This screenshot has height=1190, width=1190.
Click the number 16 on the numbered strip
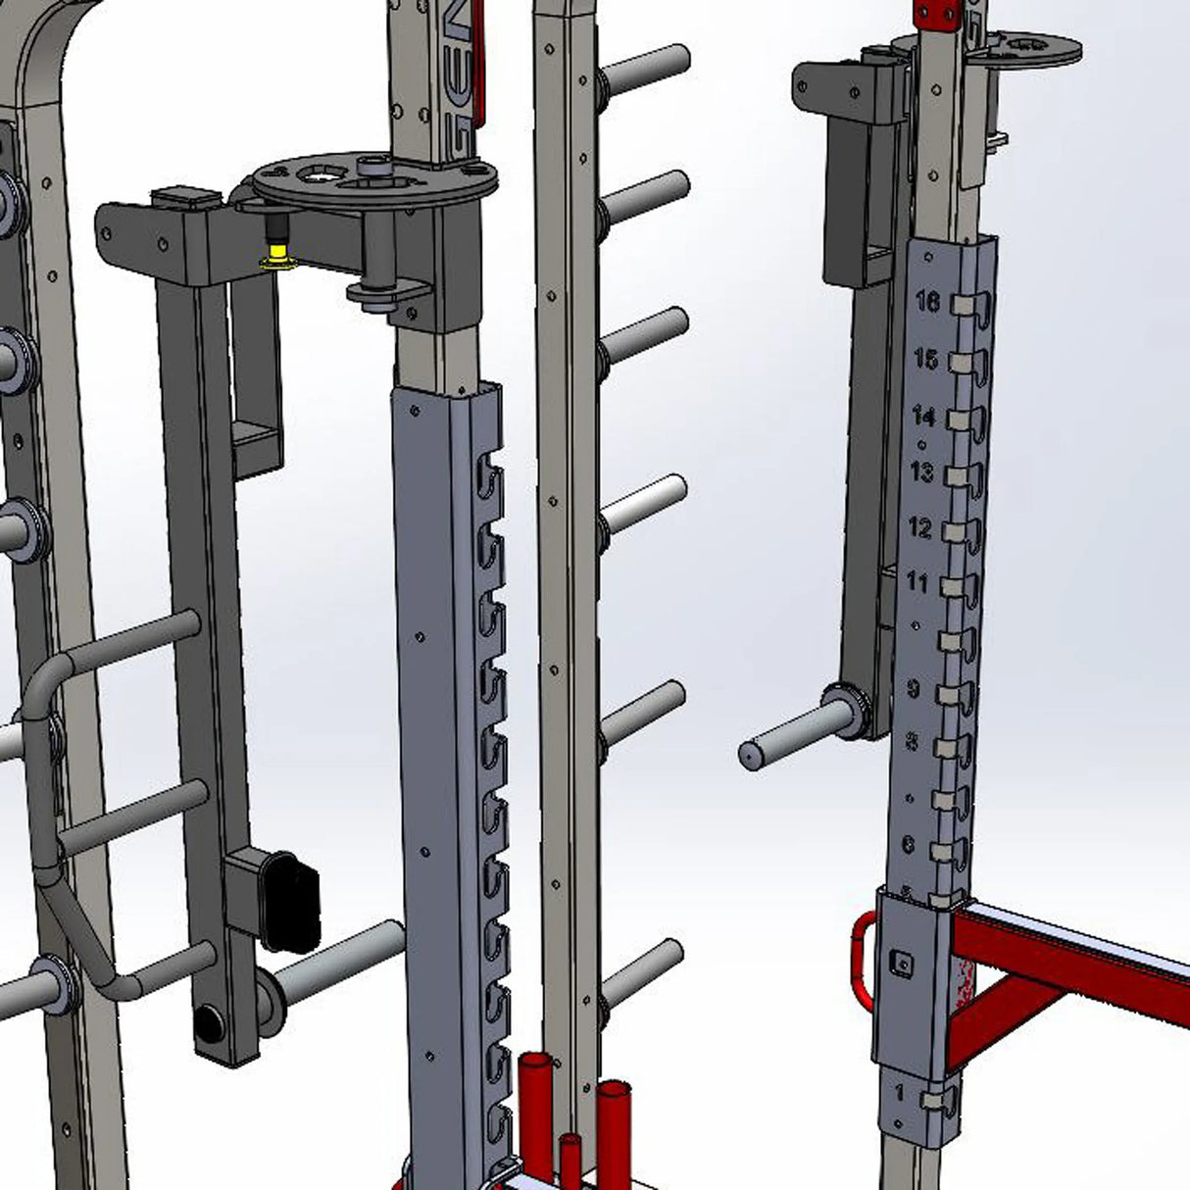pyautogui.click(x=927, y=301)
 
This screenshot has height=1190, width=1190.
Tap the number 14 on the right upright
pyautogui.click(x=923, y=417)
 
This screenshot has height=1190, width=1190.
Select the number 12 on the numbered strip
pyautogui.click(x=919, y=528)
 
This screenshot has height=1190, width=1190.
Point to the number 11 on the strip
pyautogui.click(x=917, y=583)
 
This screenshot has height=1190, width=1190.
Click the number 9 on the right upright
pyautogui.click(x=913, y=689)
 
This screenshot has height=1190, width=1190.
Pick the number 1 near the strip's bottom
pyautogui.click(x=900, y=1091)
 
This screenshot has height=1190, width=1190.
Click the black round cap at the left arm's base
pyautogui.click(x=208, y=1025)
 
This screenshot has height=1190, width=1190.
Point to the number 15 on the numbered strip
pyautogui.click(x=925, y=359)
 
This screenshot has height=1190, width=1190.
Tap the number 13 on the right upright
pyautogui.click(x=921, y=472)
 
